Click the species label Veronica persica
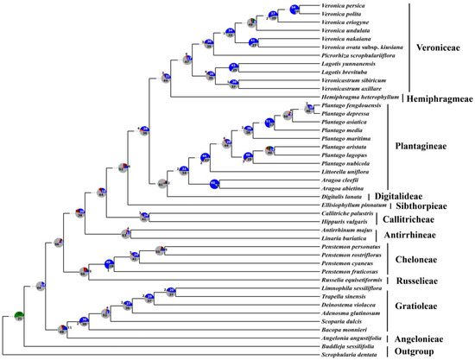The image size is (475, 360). point(343,8)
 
